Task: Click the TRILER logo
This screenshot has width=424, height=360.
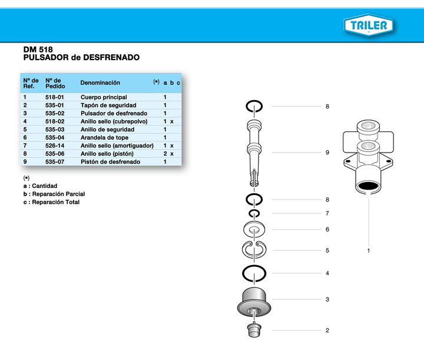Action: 369,25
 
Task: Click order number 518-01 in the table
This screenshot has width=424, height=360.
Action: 55,97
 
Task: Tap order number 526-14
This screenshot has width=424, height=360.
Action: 55,146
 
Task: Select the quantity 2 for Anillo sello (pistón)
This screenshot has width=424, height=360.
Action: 165,153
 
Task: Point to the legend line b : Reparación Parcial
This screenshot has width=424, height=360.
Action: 54,194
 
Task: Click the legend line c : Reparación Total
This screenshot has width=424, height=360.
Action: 51,202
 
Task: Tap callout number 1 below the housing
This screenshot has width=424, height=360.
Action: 369,251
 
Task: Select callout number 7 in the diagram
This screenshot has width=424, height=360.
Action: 327,213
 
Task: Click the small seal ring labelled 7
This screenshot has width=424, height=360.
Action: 254,213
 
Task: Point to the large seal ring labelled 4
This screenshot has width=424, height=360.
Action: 254,273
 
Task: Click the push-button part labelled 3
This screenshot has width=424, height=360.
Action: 254,300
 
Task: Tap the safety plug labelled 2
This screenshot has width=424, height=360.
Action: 254,330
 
